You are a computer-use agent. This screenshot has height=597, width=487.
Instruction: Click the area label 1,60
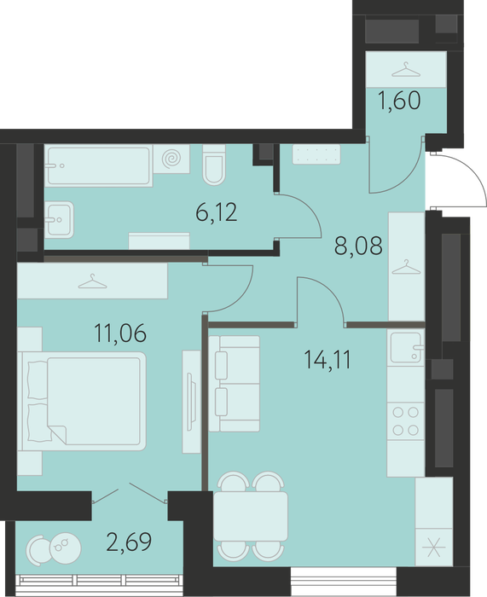pos(399,101)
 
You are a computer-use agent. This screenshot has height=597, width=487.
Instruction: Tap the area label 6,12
pos(217,212)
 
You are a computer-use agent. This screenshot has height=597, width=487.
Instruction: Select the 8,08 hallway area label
pos(358,246)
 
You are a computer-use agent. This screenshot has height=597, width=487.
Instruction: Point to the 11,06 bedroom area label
pos(120,333)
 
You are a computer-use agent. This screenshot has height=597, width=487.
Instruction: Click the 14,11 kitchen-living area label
pos(328,360)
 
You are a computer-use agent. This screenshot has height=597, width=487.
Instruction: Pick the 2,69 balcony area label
pos(129,542)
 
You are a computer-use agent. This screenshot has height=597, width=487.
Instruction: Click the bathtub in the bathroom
pos(99,165)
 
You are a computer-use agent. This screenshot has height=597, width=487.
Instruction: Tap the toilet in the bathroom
pos(214,165)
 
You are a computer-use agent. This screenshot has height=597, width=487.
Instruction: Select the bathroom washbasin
pos(59,220)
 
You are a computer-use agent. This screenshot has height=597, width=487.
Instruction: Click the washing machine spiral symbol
pos(171,159)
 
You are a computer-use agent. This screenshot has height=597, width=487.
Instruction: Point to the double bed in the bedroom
pos(82,402)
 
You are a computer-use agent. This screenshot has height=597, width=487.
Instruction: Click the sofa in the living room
pos(235,384)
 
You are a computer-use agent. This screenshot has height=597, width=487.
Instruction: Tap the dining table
pos(251,516)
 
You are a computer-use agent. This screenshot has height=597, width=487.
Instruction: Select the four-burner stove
pos(405,421)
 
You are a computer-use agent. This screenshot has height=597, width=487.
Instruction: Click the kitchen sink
pos(406,347)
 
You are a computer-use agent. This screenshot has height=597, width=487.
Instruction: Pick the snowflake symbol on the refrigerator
pos(434,548)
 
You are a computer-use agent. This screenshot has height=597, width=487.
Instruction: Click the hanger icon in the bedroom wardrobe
pos(92,281)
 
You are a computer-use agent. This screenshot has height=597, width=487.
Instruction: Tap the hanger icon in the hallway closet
pos(406,266)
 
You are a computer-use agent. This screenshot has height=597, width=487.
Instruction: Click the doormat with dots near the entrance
pos(316,154)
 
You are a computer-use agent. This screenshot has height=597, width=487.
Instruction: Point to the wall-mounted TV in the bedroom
pos(192,402)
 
